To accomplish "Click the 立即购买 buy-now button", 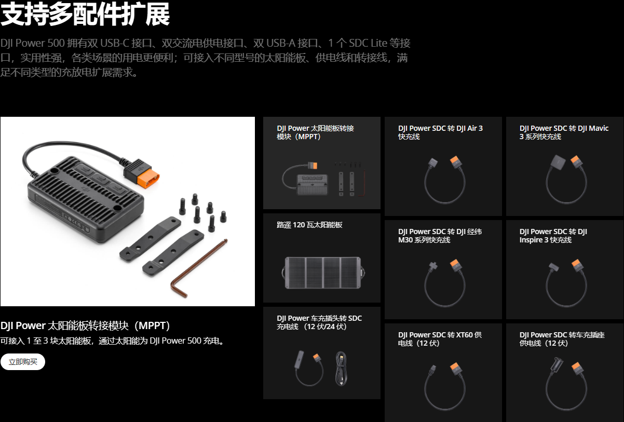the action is (23, 362).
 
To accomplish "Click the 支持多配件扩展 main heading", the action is (85, 14).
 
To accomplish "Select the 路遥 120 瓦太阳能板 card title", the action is (309, 225).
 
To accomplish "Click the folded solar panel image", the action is (323, 273).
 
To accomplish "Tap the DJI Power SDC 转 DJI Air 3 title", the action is (440, 132).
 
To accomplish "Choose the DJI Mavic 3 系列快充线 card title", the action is (564, 132).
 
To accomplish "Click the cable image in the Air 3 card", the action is (444, 180).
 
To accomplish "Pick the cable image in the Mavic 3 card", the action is (566, 179).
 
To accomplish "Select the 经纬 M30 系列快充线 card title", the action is (440, 236).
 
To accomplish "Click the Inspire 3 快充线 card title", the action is (553, 236).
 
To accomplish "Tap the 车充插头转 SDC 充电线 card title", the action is (319, 322).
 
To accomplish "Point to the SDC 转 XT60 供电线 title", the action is (440, 339).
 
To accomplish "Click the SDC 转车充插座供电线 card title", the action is (562, 339).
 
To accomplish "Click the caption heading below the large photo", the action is (85, 325).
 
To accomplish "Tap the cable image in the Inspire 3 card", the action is (566, 283).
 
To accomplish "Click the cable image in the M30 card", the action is (444, 283).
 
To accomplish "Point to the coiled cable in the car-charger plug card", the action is (341, 369).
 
